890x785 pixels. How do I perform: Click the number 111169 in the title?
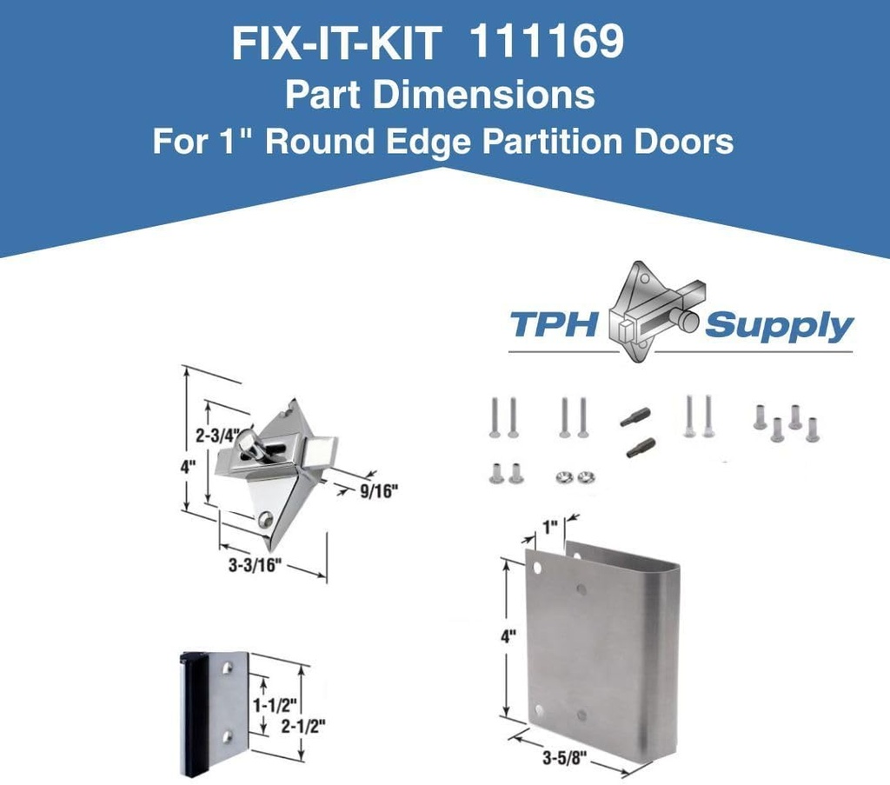[x=546, y=43]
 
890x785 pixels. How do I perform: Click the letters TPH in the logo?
[x=555, y=325]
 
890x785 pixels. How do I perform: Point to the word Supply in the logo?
[x=778, y=326]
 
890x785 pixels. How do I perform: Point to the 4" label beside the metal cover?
[x=508, y=635]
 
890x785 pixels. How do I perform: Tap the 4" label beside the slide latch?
[x=189, y=466]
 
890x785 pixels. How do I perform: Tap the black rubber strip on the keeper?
[x=186, y=713]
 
